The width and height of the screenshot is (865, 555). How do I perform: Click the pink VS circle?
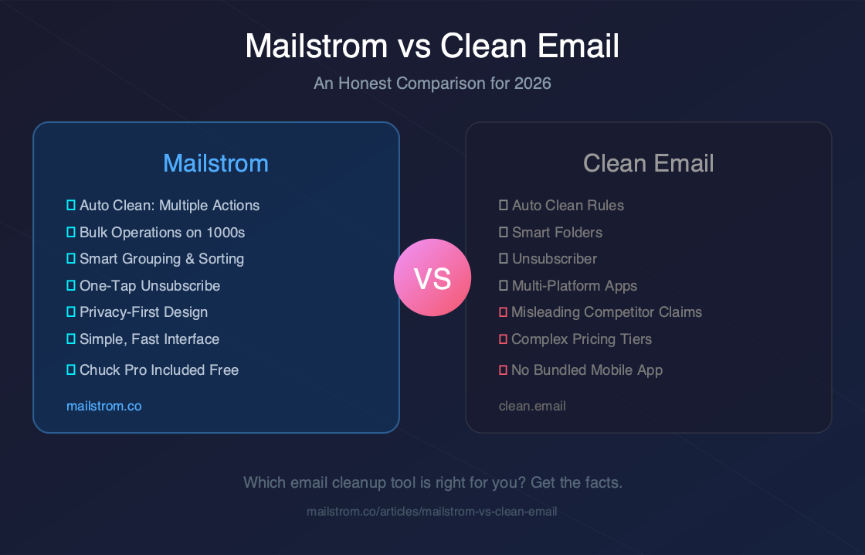[x=432, y=277]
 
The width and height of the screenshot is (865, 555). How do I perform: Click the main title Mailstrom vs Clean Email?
[x=432, y=46]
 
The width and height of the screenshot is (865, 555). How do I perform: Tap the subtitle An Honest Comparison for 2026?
[x=432, y=83]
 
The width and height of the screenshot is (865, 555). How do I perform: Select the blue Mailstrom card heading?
[x=216, y=163]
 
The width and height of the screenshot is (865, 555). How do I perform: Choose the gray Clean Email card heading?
[x=649, y=163]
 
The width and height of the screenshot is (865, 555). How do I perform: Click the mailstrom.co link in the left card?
[x=104, y=405]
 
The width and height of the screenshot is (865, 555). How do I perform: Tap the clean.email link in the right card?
[x=532, y=405]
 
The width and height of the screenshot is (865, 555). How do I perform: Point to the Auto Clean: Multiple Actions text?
[x=169, y=206]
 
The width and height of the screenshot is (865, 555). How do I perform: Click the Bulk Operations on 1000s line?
[x=162, y=232]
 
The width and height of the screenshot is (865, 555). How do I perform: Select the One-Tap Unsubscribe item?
[x=150, y=286]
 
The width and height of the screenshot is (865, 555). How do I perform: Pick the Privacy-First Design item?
[x=144, y=312]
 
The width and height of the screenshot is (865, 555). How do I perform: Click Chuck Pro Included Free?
[x=159, y=370]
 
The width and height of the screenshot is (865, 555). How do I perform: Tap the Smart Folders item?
[x=557, y=232]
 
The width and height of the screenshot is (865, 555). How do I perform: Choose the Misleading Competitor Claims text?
[x=606, y=312]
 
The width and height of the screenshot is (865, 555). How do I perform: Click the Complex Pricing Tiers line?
[x=582, y=339]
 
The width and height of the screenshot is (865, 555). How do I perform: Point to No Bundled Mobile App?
[x=587, y=370]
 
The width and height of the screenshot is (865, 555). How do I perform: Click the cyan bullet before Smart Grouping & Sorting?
[x=71, y=259]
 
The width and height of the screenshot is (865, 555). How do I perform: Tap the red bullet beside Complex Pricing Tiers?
[x=503, y=339]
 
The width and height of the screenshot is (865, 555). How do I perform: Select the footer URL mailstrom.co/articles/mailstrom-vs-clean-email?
[x=432, y=511]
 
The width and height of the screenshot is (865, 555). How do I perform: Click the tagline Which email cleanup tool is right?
[x=432, y=482]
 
